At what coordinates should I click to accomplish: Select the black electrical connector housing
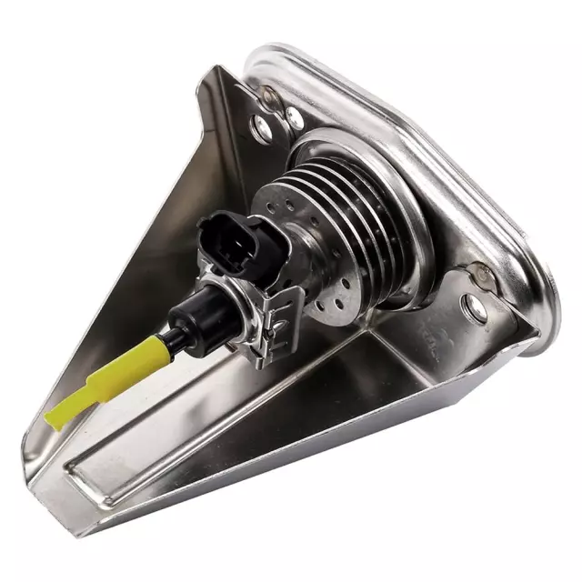click(x=232, y=246)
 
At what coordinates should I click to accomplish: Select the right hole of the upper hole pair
click(x=294, y=116)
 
